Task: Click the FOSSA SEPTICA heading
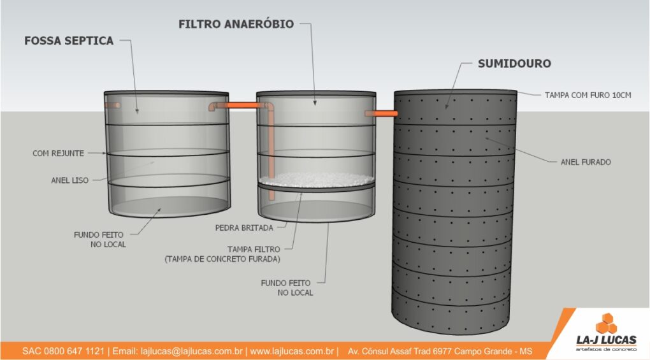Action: (69, 41)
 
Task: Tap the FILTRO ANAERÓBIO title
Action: (236, 24)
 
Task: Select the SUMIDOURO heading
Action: (514, 64)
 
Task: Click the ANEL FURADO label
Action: (586, 162)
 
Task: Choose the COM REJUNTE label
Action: (59, 154)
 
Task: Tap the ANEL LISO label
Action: (69, 180)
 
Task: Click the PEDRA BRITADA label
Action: (243, 227)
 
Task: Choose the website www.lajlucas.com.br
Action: (292, 351)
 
